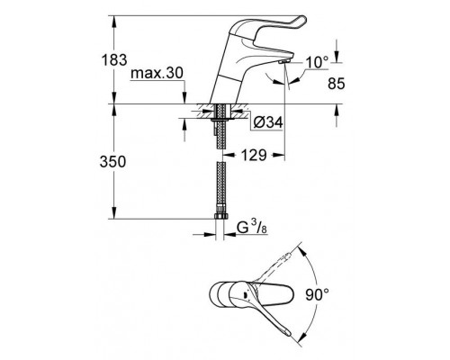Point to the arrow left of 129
tap(226, 156)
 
